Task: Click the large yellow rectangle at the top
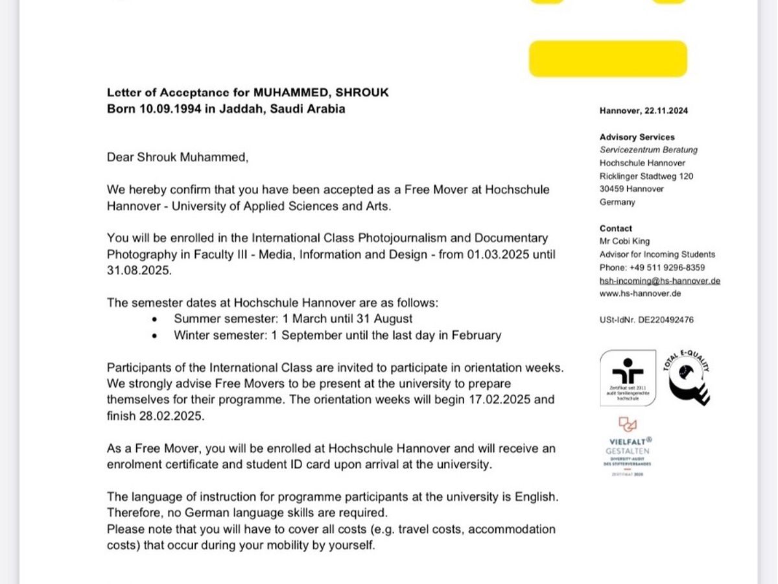click(x=607, y=58)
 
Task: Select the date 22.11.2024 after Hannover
click(x=666, y=111)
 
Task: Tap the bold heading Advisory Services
click(x=637, y=137)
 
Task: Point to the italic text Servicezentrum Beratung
click(x=648, y=150)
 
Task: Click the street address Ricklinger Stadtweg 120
click(x=646, y=176)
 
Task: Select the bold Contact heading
click(x=615, y=228)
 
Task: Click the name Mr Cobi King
click(x=624, y=241)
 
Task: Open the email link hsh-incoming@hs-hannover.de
click(x=659, y=281)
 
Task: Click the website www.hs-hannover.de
click(x=640, y=293)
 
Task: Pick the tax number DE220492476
click(x=665, y=320)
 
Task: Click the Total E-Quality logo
click(x=686, y=378)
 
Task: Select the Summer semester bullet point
click(x=292, y=319)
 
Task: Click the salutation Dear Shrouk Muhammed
click(x=178, y=157)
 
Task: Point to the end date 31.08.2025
click(x=139, y=271)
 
